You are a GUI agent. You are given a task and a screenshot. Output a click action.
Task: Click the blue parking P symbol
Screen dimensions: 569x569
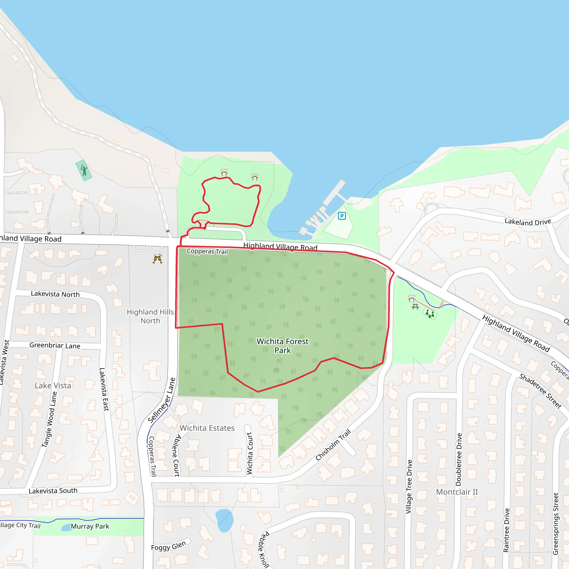point(342,216)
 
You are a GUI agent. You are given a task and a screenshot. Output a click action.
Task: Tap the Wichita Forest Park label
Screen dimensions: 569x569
point(283,346)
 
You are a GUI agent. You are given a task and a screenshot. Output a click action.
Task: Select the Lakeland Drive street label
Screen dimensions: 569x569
point(528,222)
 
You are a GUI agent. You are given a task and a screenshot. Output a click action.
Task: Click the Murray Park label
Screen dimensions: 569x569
point(90,526)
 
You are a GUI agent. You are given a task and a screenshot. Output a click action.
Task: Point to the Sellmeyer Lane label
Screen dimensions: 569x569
point(161,401)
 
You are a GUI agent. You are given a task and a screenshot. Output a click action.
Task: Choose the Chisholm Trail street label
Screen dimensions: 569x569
point(333,445)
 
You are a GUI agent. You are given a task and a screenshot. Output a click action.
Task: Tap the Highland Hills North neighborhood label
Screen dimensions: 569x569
point(150,316)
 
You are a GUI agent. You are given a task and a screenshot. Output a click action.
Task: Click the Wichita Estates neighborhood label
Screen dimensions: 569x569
point(207,428)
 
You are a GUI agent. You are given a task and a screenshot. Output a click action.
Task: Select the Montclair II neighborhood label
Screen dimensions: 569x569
point(457,492)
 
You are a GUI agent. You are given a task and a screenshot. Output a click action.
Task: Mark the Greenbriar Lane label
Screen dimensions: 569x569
point(55,345)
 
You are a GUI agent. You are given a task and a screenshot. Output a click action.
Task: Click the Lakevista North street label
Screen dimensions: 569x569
point(55,294)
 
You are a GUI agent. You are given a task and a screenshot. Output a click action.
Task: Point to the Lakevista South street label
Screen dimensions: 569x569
point(53,491)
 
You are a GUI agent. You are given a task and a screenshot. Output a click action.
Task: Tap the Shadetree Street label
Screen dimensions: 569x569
point(540,391)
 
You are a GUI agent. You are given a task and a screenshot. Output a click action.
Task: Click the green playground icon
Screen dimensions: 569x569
point(430,313)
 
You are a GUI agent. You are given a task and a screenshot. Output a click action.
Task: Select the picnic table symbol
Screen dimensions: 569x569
point(415,307)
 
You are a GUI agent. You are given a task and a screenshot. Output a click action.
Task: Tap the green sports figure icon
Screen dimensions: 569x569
point(84,170)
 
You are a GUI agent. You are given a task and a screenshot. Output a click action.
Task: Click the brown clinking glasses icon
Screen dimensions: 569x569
point(158,259)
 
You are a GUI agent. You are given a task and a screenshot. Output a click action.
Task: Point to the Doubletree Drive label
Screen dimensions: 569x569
point(458,459)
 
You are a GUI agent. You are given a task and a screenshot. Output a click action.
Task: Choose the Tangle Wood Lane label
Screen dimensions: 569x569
point(49,419)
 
